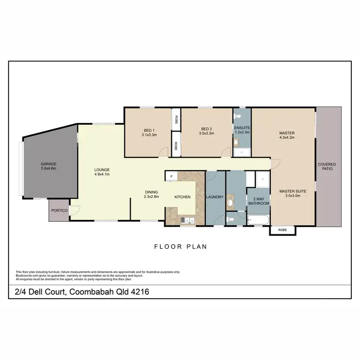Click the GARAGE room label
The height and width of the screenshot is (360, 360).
[x=48, y=164]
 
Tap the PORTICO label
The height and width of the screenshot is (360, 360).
[x=60, y=211]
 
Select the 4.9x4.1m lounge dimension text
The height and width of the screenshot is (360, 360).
[x=102, y=174]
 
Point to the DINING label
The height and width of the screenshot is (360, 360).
[x=152, y=192]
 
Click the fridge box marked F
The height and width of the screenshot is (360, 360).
[x=171, y=177]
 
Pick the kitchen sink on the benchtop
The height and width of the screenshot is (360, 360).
[x=187, y=220]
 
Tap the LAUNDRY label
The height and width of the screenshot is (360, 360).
[x=215, y=197]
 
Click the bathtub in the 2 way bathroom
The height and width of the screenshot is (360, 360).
[x=258, y=220]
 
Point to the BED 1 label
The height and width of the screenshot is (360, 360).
[x=149, y=130]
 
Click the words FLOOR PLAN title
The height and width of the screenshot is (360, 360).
[x=180, y=247]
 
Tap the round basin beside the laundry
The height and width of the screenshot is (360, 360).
[x=230, y=203]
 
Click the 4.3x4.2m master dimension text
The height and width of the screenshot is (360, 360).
[x=287, y=137]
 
